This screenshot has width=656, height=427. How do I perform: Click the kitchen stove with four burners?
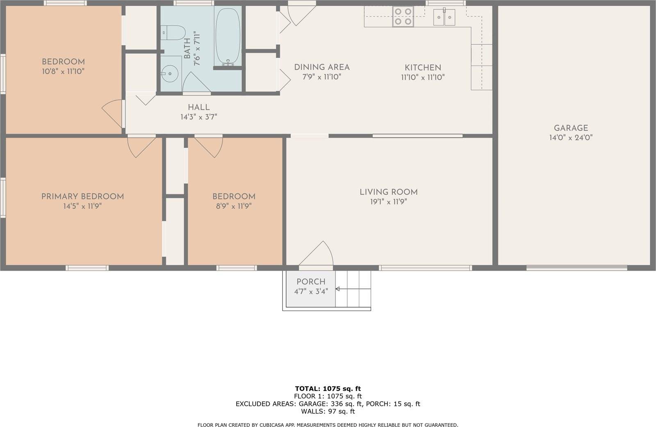(x=403, y=17)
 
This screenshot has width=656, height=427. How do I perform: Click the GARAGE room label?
(x=571, y=128)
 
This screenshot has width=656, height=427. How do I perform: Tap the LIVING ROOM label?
(x=389, y=192)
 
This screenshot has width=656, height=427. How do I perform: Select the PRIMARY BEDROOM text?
(x=82, y=196)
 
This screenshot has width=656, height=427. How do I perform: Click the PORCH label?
(x=311, y=282)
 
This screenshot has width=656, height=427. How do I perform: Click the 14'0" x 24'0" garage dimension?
(x=571, y=138)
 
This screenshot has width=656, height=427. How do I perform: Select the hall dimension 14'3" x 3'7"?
(x=198, y=117)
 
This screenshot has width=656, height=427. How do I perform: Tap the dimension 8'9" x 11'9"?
(x=234, y=206)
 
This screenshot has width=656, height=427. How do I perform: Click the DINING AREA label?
(x=322, y=67)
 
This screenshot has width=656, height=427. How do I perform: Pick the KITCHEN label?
(x=423, y=68)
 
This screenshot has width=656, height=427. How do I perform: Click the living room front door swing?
(x=318, y=254)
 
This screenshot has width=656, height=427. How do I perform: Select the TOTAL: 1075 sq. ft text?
(x=328, y=388)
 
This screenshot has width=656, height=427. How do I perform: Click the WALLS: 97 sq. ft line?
(x=328, y=411)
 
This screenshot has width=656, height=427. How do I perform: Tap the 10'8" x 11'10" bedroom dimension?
(x=63, y=71)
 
